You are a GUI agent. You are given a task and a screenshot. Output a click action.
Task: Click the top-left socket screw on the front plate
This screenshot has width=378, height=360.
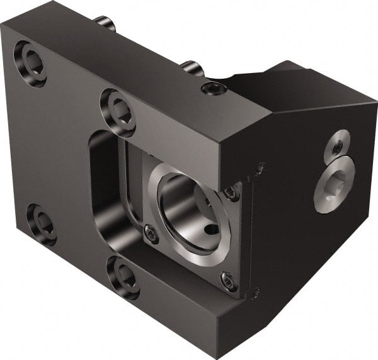pos(30,64)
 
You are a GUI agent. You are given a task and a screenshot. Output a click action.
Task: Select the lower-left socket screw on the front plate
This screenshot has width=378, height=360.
pos(42,223)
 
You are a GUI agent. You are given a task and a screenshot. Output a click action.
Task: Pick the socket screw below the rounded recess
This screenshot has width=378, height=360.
pos(122,276)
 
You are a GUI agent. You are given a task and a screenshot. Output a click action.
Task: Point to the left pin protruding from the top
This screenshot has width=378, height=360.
pos(105,24)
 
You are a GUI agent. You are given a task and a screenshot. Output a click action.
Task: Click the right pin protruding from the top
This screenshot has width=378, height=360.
pos(190,67)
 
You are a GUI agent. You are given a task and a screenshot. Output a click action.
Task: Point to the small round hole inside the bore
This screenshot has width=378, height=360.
pos(213,229)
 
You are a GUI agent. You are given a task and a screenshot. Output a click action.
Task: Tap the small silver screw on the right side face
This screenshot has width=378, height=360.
pos(338,146)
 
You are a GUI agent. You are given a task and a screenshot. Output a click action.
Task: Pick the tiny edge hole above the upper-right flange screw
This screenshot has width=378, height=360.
pos(260,167)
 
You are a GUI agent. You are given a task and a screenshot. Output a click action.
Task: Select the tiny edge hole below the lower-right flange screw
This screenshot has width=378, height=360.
pos(254,293)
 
